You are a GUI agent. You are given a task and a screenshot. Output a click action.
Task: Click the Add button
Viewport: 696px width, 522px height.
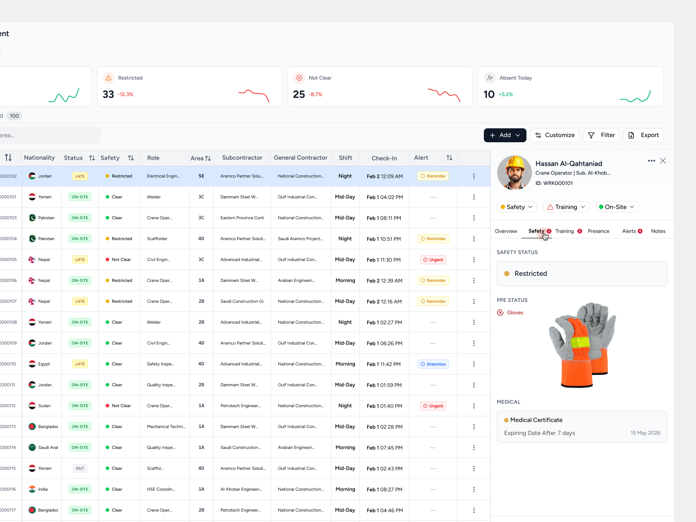click(x=505, y=135)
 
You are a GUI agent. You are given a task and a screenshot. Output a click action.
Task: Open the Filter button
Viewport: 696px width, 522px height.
click(x=602, y=135)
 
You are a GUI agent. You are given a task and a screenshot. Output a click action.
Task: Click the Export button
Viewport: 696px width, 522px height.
click(x=643, y=135)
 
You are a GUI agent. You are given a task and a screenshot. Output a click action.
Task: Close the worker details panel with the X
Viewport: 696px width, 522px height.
click(x=663, y=161)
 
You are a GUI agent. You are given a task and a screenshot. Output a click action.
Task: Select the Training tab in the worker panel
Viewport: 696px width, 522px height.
click(x=564, y=231)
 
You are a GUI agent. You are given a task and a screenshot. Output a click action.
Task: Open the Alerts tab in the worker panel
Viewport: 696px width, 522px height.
click(x=629, y=231)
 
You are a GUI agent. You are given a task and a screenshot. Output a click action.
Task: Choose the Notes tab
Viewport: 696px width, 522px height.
click(x=658, y=231)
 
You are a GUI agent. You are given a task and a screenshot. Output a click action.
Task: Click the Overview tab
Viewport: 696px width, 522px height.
click(x=506, y=231)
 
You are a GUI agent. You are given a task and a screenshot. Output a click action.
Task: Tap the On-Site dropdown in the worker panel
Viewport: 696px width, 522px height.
click(x=616, y=207)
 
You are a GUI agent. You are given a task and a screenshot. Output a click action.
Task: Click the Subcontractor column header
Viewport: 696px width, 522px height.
click(x=242, y=158)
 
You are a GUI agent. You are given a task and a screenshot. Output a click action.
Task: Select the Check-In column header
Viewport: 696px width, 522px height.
click(x=384, y=158)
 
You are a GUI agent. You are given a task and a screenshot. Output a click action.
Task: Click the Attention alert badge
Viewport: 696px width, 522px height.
click(x=433, y=364)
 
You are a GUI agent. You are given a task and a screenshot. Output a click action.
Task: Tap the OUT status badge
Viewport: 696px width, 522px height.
click(x=80, y=468)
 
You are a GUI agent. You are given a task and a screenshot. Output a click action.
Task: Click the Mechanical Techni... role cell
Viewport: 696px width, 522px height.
click(x=166, y=427)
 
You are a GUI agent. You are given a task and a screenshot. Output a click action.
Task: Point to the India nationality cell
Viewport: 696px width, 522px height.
click(x=43, y=489)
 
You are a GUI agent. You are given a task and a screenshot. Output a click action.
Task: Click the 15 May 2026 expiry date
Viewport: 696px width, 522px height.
click(x=645, y=433)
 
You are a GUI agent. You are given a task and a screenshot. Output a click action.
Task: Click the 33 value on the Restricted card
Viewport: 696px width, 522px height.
click(x=108, y=94)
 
